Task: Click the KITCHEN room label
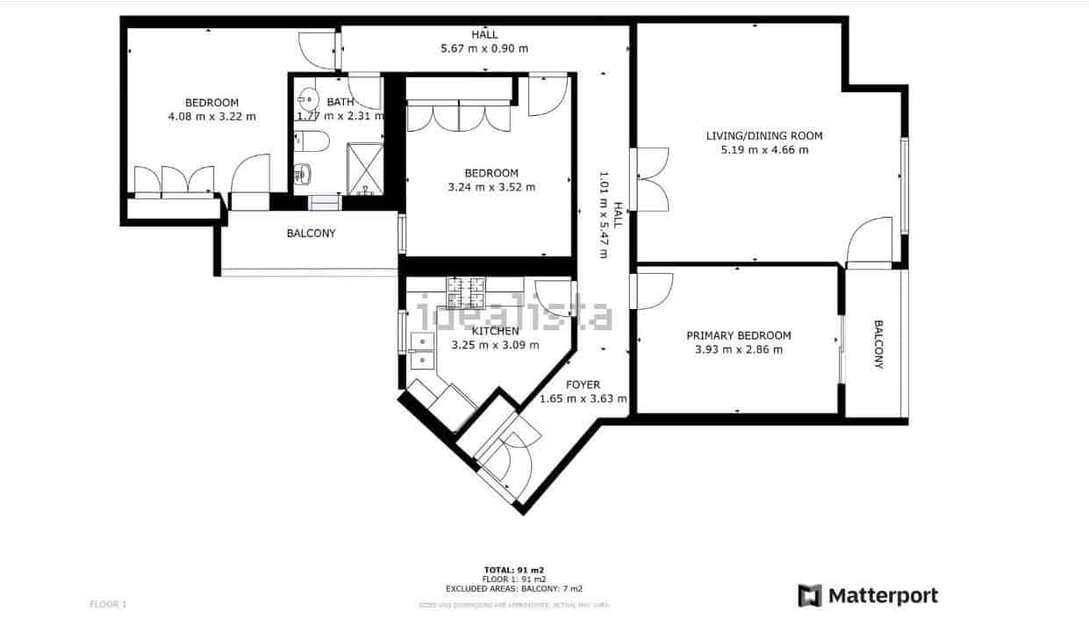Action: click(496, 331)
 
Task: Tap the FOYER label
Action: click(583, 385)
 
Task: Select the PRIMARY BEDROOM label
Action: click(738, 335)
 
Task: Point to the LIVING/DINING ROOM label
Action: click(764, 136)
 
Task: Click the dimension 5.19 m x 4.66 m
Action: click(764, 150)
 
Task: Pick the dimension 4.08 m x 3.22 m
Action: click(211, 116)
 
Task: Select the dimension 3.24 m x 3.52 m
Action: click(491, 187)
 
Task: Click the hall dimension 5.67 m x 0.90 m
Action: click(484, 48)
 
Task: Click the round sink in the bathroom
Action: click(308, 97)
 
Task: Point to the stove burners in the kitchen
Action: click(466, 292)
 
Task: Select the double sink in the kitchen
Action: click(420, 350)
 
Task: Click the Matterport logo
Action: click(867, 596)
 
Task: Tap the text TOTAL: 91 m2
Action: click(514, 570)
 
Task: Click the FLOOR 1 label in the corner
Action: click(109, 604)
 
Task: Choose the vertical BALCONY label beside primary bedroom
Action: click(878, 344)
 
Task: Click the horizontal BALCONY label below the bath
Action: click(311, 234)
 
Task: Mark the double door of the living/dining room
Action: click(650, 179)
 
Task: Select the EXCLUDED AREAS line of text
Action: click(514, 589)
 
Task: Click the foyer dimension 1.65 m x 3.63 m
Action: click(583, 399)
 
